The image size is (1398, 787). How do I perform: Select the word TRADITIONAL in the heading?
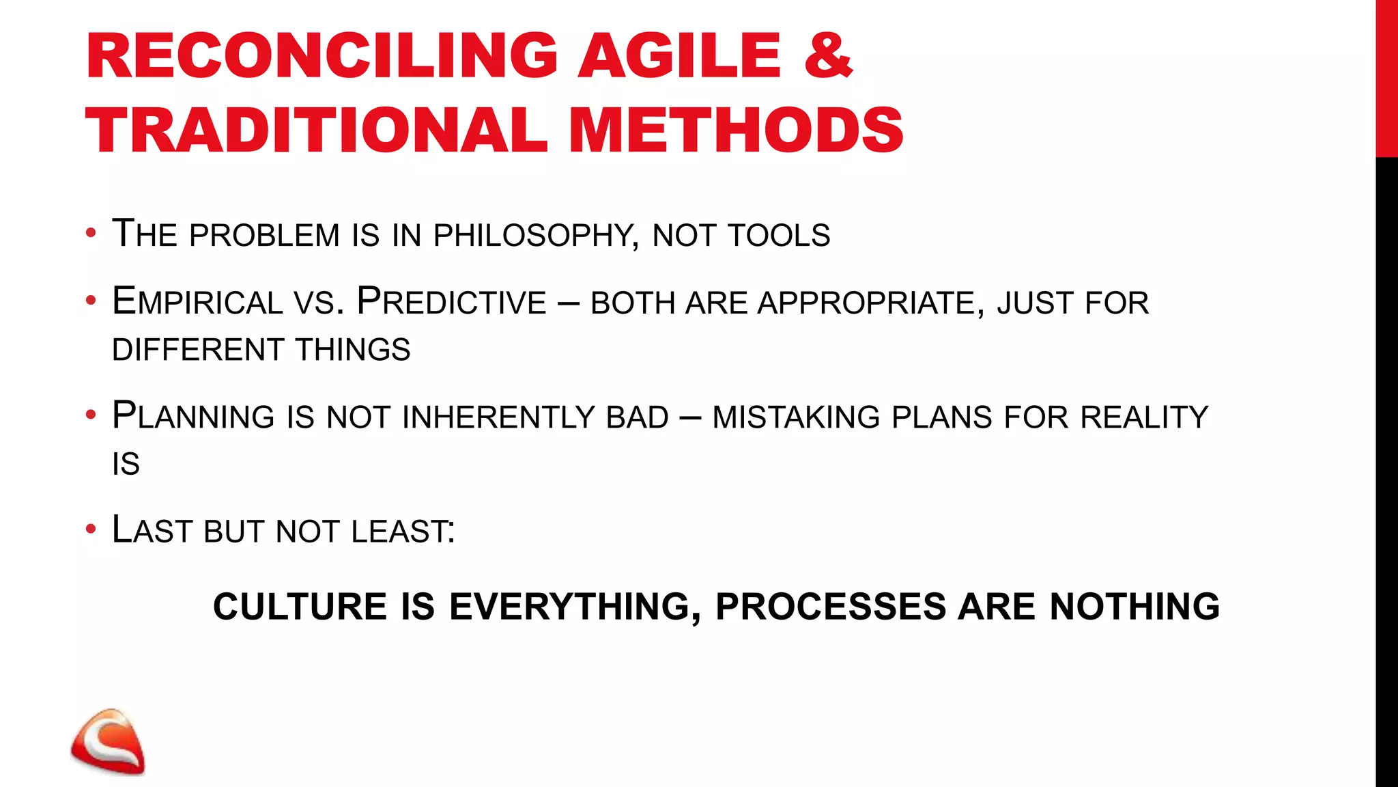tap(316, 130)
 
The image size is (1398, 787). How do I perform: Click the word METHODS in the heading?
tap(736, 130)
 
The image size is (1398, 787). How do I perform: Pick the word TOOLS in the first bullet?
tap(779, 236)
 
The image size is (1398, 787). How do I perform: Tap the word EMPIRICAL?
tap(197, 302)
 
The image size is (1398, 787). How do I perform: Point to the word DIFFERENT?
tap(197, 350)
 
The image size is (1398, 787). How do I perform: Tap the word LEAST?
tap(403, 531)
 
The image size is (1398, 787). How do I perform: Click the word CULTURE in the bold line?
tap(300, 607)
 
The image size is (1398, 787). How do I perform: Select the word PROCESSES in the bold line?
tap(830, 607)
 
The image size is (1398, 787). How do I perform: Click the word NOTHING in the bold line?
tap(1135, 607)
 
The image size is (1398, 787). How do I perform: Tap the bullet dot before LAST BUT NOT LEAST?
tap(91, 529)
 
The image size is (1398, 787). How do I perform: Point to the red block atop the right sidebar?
tap(1386, 79)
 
